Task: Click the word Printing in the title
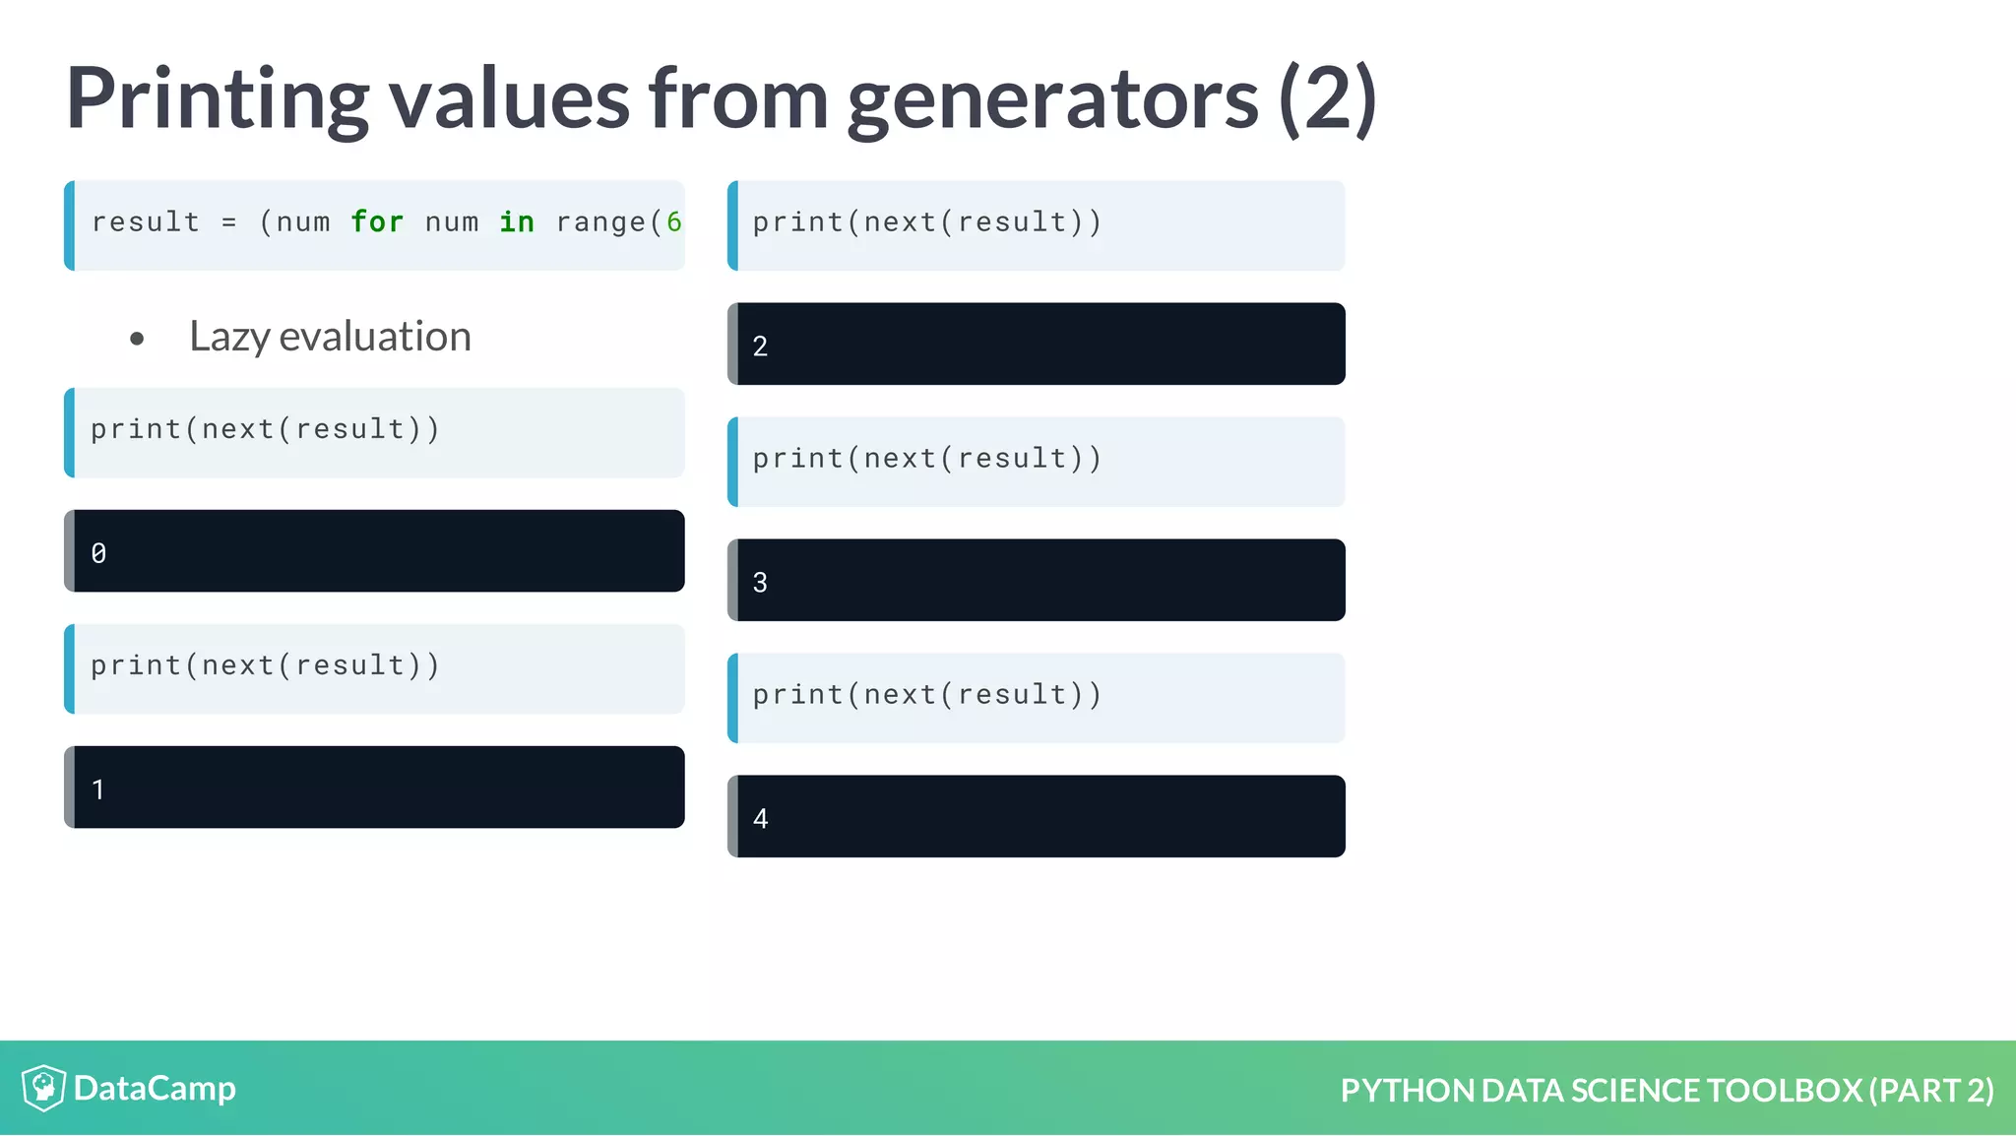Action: point(217,98)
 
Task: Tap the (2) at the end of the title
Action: point(1327,98)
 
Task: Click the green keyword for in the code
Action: point(377,222)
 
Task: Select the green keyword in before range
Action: point(517,222)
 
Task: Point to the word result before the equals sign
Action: point(146,222)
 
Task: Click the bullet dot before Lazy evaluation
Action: point(137,340)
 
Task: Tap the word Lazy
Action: point(229,337)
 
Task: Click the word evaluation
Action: point(375,337)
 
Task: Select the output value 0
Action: point(98,553)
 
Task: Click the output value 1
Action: point(98,789)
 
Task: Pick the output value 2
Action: point(760,347)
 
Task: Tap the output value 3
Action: point(760,583)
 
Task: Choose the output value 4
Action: point(760,819)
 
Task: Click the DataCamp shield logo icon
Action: point(43,1088)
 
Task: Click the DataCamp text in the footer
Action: point(155,1089)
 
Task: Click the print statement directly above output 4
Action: point(926,695)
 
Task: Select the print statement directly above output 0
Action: point(264,430)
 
